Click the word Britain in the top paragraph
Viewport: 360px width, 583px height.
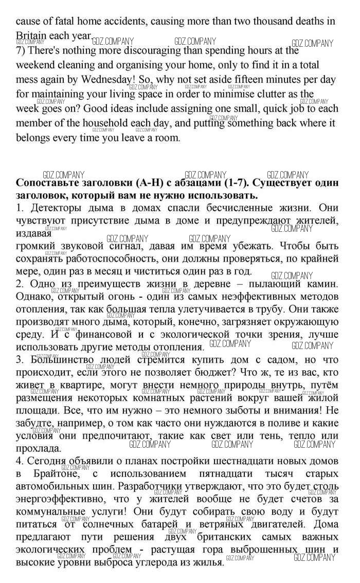tap(32, 37)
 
